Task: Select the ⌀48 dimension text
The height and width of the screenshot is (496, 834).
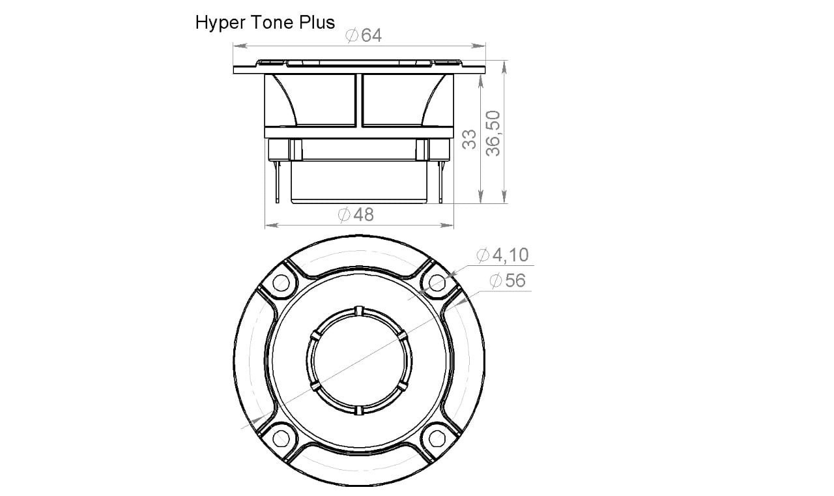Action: tap(356, 214)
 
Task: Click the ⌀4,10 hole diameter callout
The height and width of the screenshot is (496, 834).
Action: tap(502, 255)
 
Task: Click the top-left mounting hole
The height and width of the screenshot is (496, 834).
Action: tap(281, 283)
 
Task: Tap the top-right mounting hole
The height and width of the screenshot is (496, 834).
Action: tap(437, 283)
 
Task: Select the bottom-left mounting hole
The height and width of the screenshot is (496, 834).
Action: tap(281, 436)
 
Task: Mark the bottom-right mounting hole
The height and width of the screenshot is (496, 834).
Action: tap(437, 436)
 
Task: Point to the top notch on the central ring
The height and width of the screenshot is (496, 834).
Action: tap(358, 310)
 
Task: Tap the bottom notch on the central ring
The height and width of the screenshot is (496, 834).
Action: tap(358, 410)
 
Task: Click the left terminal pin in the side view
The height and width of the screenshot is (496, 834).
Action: tap(278, 182)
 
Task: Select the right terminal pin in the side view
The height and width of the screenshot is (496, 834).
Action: tap(441, 182)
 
